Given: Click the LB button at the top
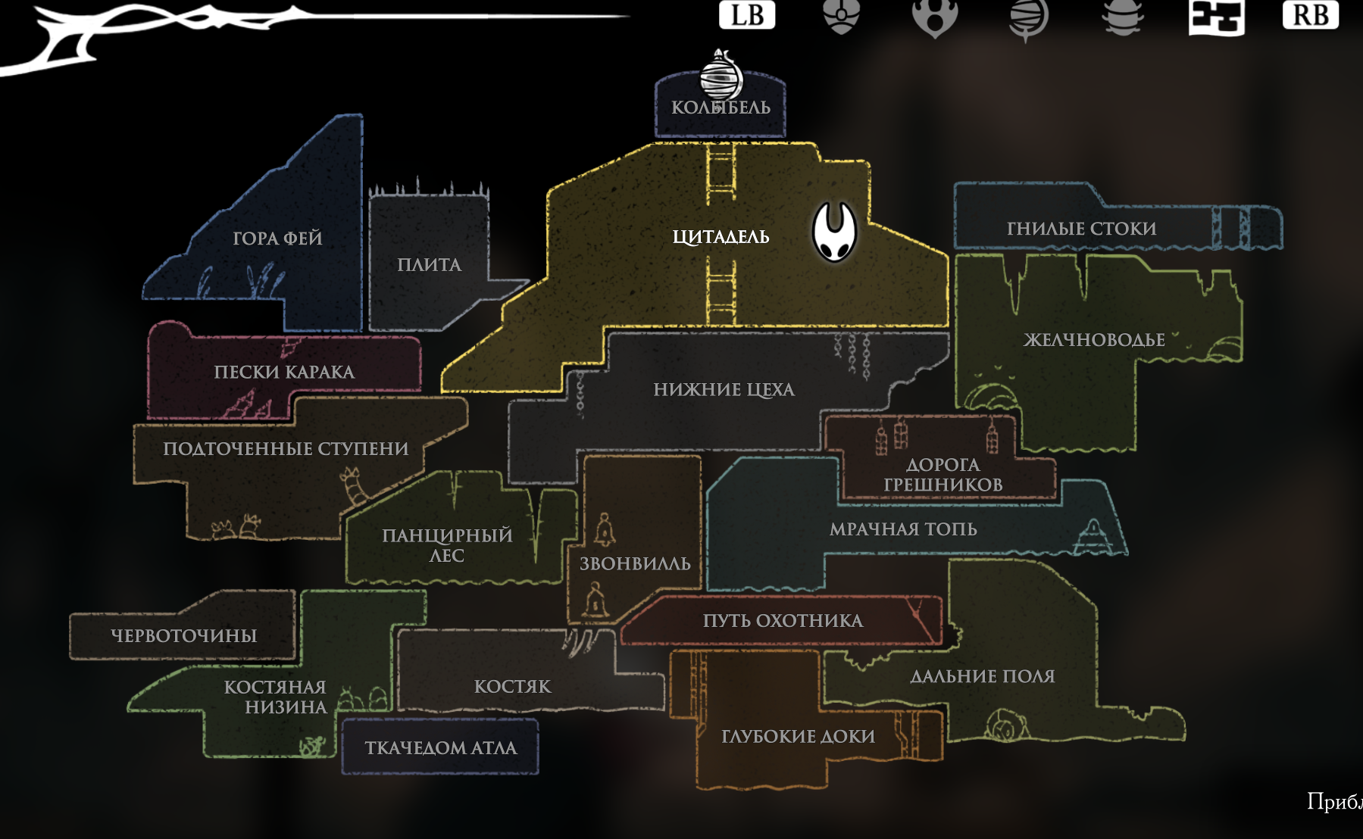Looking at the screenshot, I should (x=746, y=15).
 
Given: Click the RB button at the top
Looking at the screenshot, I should (x=1310, y=15).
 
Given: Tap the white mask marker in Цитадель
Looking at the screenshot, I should (x=834, y=231).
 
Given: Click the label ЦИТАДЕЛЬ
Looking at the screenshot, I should (x=721, y=237).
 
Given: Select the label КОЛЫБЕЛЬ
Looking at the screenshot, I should (x=721, y=108).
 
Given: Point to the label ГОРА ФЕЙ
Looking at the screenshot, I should (x=277, y=239).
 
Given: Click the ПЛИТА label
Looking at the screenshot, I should (x=429, y=265).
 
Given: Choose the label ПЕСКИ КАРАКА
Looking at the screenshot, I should (x=284, y=372).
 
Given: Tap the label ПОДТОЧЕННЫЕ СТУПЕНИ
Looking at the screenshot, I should (x=286, y=449).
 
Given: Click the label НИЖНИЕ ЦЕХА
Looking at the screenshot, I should (x=724, y=390).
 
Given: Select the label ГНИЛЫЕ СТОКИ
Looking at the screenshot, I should (x=1081, y=229).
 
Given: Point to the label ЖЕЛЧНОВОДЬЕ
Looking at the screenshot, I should (x=1094, y=340).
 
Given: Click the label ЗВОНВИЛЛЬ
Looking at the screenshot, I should (x=635, y=564).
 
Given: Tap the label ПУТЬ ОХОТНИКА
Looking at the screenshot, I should (x=783, y=621).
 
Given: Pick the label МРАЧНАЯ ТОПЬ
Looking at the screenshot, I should (x=903, y=529).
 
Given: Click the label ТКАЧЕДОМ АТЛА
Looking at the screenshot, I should (x=440, y=748).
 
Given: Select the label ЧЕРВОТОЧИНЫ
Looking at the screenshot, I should (x=184, y=635).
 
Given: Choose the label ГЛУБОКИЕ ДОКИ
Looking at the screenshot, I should (x=798, y=736).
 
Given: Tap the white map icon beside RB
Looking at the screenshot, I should (x=1216, y=17).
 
